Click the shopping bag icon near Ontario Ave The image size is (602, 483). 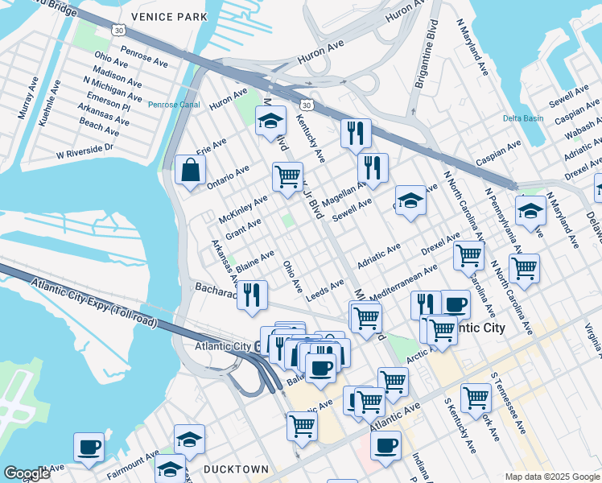click(190, 170)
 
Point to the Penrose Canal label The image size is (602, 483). click(172, 104)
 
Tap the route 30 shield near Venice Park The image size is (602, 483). click(119, 30)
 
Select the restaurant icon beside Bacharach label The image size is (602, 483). click(254, 294)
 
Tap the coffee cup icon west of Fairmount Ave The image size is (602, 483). click(89, 446)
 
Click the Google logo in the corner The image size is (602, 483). click(27, 473)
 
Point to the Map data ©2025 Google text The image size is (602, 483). click(551, 476)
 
